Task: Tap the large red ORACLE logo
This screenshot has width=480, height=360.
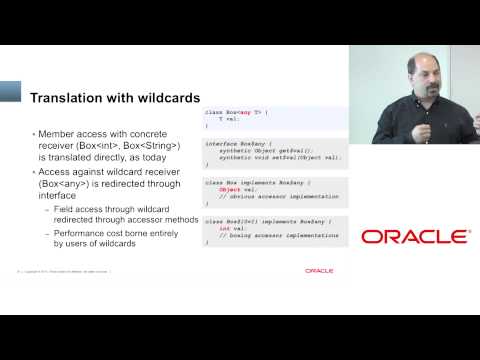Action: point(415,237)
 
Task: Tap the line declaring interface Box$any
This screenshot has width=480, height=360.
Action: point(239,143)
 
